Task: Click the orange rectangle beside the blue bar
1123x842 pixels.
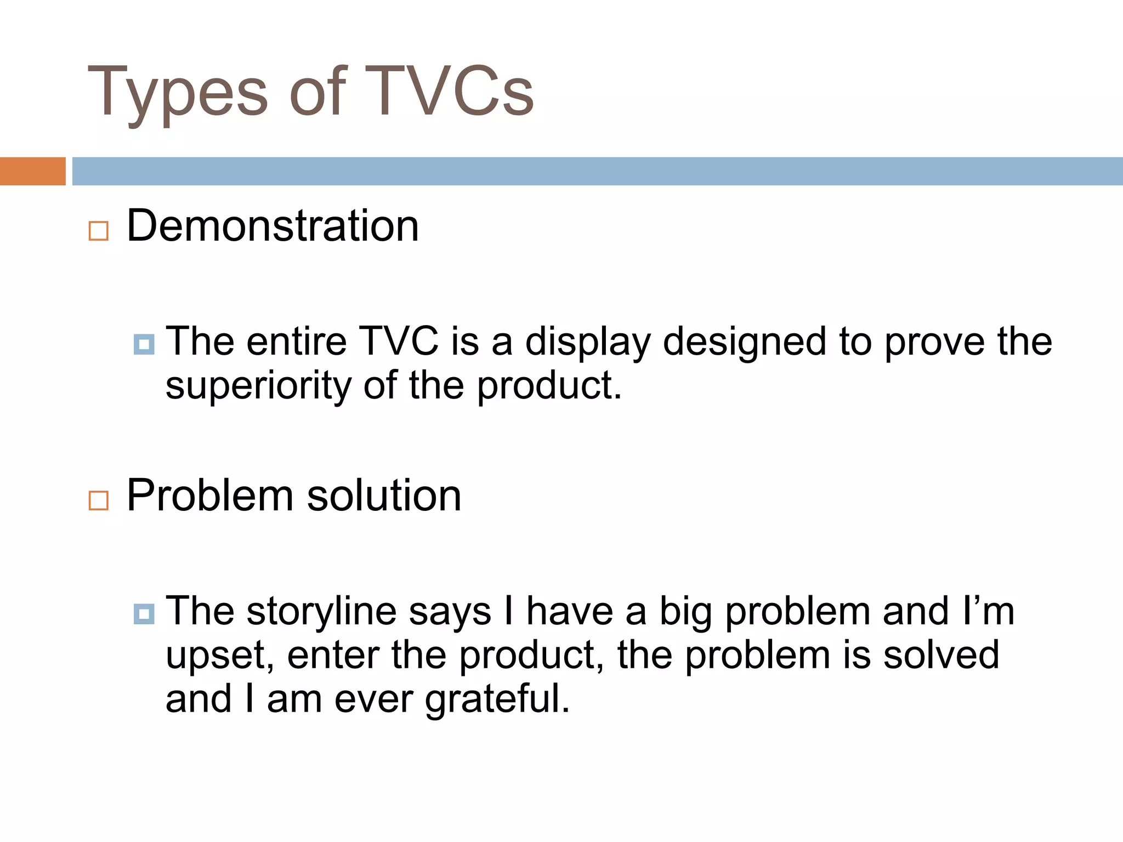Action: pos(32,171)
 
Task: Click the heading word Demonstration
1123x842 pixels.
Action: pos(273,226)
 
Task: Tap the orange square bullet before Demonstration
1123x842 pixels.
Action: pos(99,231)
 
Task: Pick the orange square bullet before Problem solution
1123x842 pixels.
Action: pos(99,500)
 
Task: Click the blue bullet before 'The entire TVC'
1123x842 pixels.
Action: pos(144,344)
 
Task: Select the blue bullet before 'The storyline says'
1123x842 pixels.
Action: pos(144,614)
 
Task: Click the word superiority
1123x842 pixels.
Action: pos(258,386)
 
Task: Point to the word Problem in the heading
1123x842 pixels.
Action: pos(210,496)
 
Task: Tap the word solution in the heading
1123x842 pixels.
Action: pos(384,496)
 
